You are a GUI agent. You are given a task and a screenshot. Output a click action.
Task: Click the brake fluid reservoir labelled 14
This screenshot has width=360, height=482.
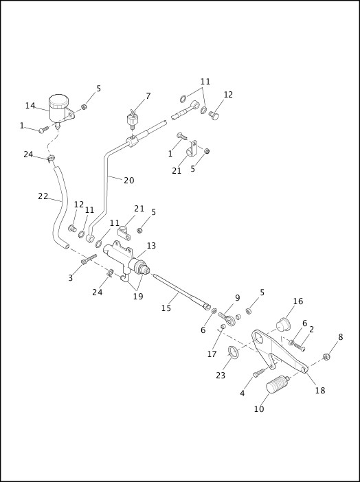(x=60, y=109)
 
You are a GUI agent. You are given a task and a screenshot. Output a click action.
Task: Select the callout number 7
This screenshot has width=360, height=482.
(x=148, y=96)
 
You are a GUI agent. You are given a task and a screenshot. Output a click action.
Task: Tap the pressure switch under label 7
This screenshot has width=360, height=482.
(x=133, y=120)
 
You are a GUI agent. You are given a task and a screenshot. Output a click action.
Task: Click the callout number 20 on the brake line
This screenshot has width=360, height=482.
(x=129, y=181)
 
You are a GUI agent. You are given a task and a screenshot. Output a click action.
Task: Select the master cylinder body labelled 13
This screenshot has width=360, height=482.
(x=126, y=257)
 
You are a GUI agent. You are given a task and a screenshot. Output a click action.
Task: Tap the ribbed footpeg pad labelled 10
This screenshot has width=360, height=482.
(x=278, y=385)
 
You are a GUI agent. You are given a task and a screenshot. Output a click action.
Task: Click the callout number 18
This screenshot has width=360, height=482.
(x=320, y=391)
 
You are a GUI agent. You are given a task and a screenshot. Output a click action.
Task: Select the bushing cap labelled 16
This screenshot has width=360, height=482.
(x=283, y=325)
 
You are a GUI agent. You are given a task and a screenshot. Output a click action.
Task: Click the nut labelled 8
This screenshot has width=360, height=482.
(x=326, y=357)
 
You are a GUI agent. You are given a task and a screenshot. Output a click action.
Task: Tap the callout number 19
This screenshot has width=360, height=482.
(x=138, y=297)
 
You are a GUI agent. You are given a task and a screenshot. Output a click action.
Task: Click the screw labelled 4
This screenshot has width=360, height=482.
(x=258, y=373)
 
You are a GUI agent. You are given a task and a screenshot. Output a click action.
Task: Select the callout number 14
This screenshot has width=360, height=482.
(x=30, y=106)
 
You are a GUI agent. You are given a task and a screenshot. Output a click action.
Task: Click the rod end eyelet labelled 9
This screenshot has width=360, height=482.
(x=227, y=319)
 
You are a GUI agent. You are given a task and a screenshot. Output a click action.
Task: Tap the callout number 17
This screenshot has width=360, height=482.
(x=212, y=354)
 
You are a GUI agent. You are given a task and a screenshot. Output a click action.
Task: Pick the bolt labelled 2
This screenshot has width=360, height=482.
(x=297, y=345)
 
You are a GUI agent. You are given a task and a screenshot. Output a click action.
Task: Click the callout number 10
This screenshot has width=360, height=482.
(x=259, y=409)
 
